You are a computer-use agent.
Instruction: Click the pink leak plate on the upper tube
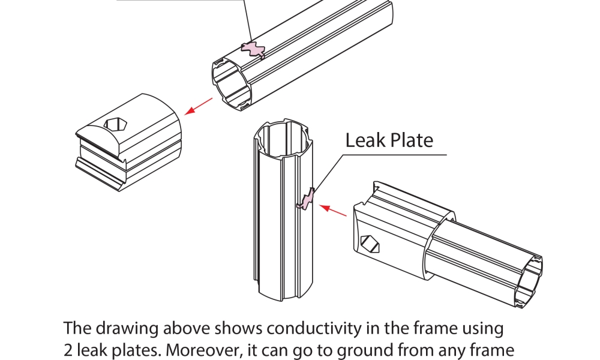[252, 50]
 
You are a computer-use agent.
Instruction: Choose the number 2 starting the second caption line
[68, 350]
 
